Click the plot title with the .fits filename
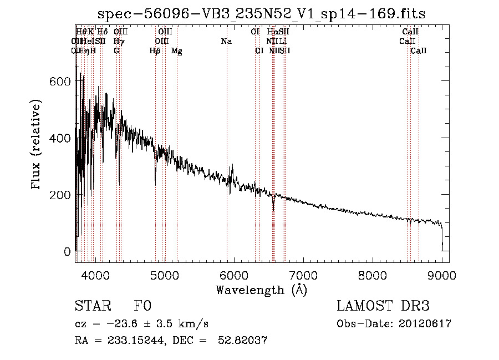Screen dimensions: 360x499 pos(261,14)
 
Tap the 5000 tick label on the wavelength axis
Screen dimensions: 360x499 pos(164,274)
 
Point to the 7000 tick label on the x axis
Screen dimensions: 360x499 pos(303,274)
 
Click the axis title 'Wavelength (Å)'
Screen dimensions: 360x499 pos(261,290)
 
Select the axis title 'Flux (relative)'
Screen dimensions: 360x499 pos(37,145)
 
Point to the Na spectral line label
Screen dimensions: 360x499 pos(226,41)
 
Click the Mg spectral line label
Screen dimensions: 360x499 pos(176,51)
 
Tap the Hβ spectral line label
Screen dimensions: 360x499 pos(155,51)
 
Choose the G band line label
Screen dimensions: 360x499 pos(116,50)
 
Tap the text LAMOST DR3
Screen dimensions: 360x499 pos(383,307)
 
